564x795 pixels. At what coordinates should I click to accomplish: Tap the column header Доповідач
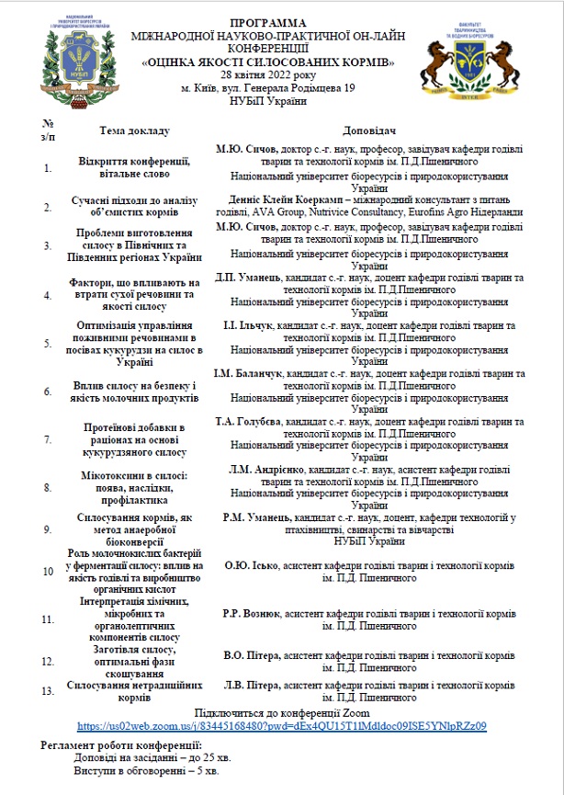pyautogui.click(x=368, y=130)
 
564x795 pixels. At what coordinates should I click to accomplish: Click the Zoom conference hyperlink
pyautogui.click(x=281, y=725)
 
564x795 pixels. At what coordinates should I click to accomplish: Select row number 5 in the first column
pyautogui.click(x=48, y=343)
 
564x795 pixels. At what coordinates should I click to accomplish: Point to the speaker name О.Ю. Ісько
pyautogui.click(x=250, y=566)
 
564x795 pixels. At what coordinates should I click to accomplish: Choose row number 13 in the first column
pyautogui.click(x=48, y=691)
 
